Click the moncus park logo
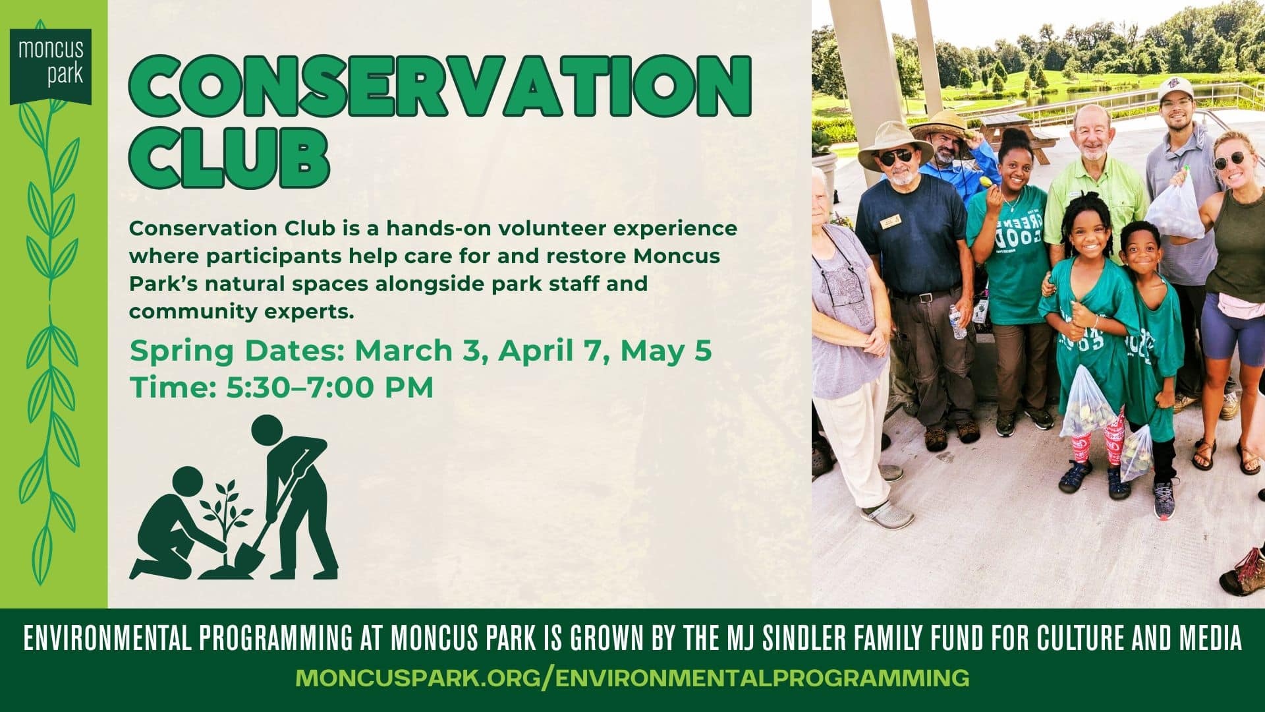(x=51, y=64)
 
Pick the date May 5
(x=666, y=351)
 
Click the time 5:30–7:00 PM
(x=329, y=388)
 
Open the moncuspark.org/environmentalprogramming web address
(x=632, y=678)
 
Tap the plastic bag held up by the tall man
(x=1175, y=208)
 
